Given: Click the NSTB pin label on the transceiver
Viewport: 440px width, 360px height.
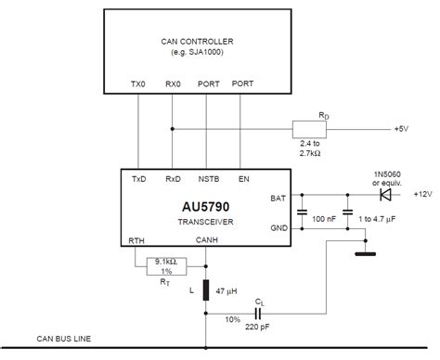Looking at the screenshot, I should coord(208,179).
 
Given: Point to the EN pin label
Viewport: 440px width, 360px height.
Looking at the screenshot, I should coord(244,179).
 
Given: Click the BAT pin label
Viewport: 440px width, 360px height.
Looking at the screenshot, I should coord(278,197).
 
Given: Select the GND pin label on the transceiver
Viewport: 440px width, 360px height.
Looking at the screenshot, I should coord(278,225).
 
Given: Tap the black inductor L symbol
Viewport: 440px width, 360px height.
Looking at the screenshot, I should coord(206,289).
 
